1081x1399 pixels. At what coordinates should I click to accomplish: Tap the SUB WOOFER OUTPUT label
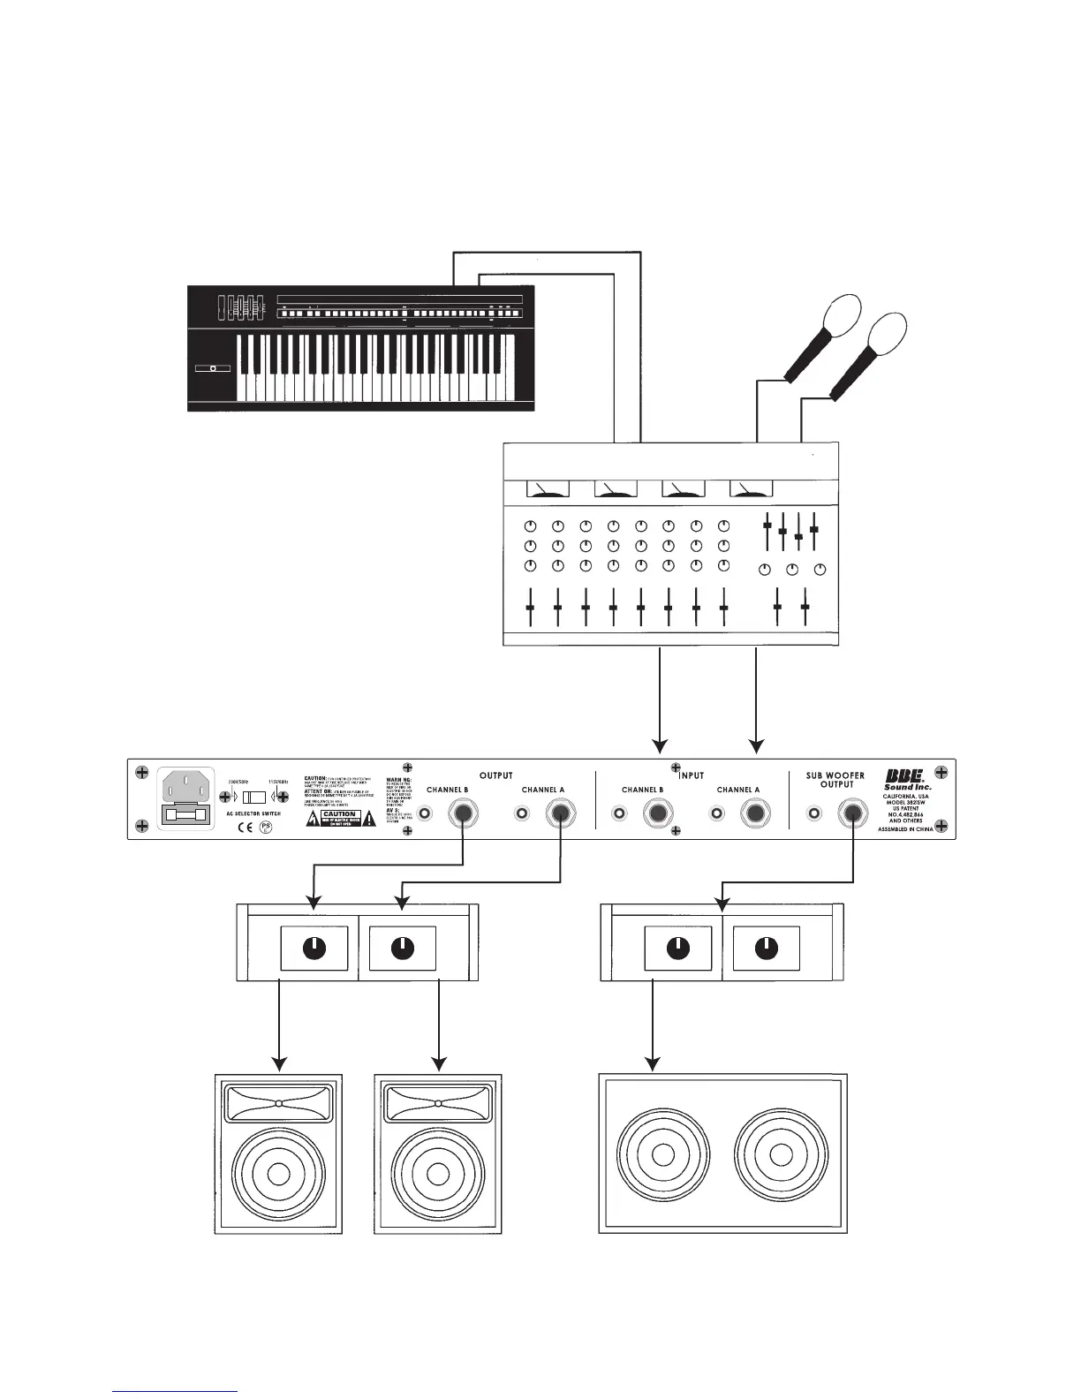[835, 780]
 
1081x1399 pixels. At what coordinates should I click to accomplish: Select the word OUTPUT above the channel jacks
[495, 775]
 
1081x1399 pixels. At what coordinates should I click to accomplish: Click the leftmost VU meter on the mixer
[548, 488]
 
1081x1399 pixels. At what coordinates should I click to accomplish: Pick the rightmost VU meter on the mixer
[751, 488]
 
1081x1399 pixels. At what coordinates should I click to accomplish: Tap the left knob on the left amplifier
[314, 949]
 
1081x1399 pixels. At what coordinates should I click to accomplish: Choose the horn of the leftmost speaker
[278, 1103]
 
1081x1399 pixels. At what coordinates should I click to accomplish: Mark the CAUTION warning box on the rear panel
[339, 818]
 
